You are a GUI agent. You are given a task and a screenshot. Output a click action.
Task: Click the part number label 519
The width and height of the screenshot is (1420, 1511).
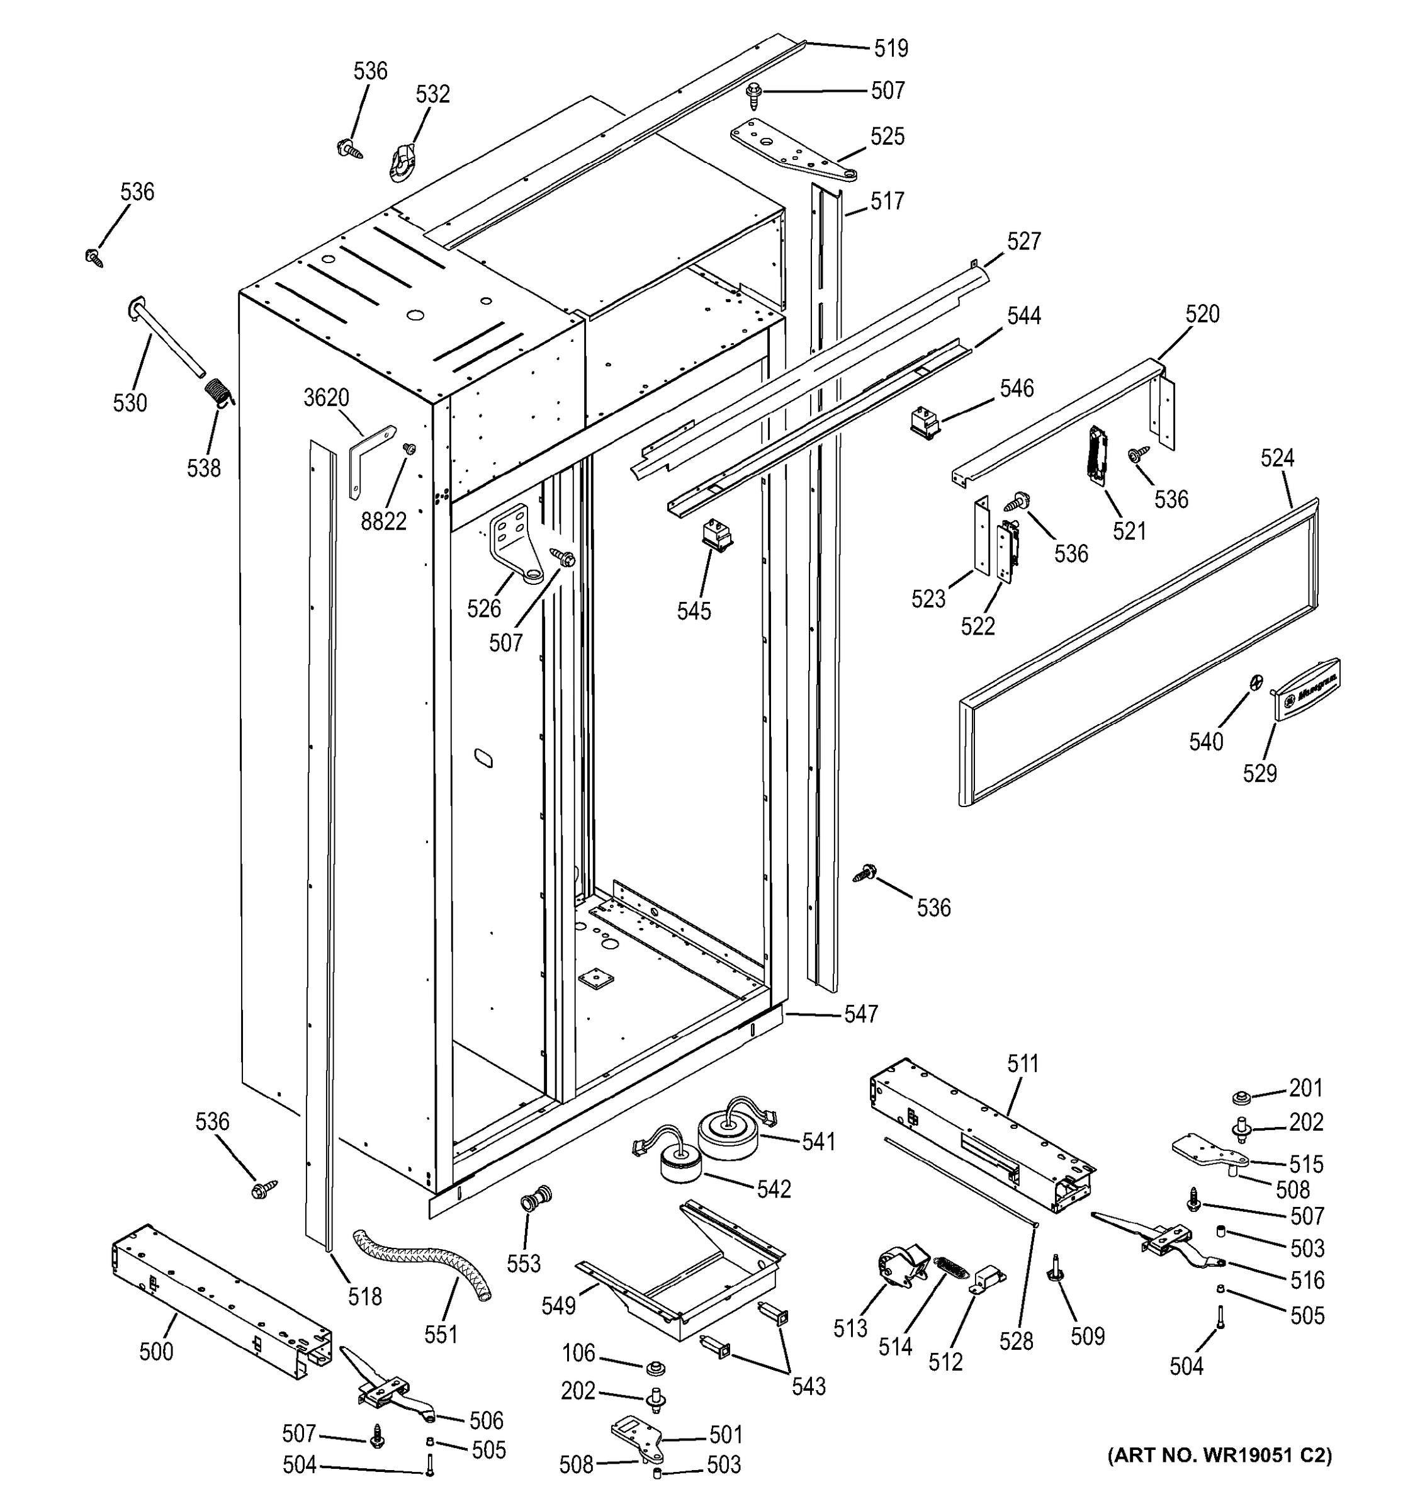click(891, 48)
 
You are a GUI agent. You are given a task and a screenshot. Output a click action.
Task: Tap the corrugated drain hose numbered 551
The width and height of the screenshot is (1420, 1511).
click(423, 1262)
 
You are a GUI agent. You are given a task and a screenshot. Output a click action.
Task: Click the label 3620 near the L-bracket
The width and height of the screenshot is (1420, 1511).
click(326, 397)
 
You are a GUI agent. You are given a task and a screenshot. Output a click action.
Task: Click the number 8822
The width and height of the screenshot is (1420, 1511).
click(384, 521)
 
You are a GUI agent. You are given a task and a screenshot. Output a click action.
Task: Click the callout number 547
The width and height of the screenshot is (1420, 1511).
click(861, 1013)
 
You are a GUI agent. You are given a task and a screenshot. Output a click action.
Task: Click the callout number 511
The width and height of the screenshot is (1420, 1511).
click(1023, 1064)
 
